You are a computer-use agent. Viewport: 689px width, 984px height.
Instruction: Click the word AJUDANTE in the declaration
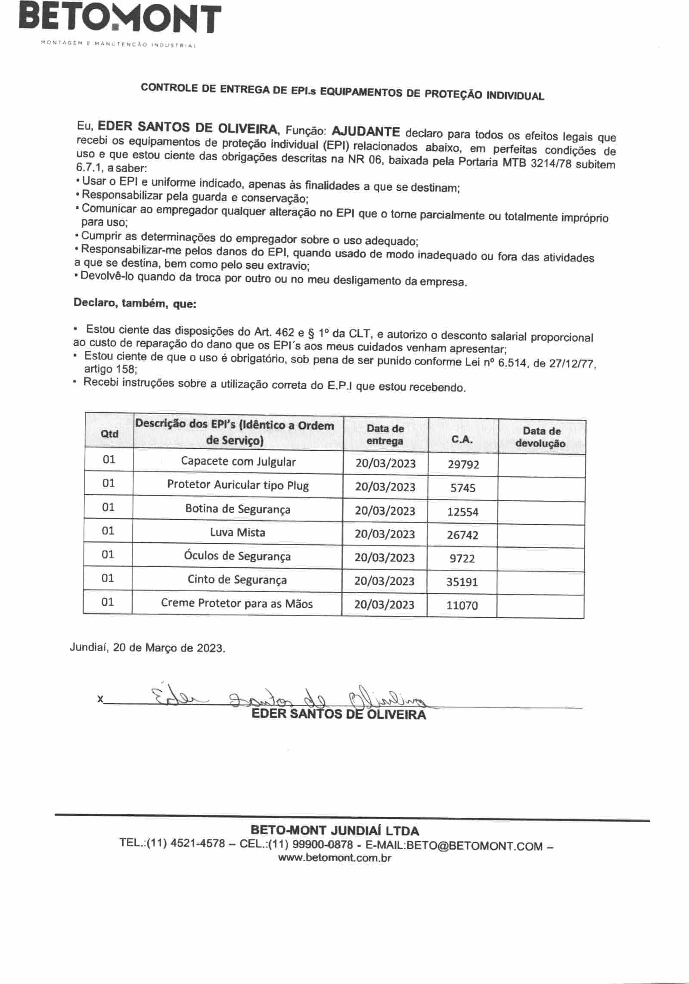366,131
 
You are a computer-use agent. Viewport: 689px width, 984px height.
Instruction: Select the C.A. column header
462,439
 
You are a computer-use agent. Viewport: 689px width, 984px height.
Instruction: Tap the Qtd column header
109,434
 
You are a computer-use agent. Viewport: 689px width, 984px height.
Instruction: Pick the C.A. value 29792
463,464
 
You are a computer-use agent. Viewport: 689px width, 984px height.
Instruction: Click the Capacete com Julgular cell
238,462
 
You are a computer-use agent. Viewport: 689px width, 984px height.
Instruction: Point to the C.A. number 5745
463,488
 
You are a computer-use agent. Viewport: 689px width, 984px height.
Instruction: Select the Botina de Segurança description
238,509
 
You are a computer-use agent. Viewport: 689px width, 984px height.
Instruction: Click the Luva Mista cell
238,533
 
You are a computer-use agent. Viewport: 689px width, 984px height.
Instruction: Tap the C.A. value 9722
462,559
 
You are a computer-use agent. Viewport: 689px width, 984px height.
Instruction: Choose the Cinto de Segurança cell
237,580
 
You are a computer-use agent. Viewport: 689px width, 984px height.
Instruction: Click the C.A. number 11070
462,605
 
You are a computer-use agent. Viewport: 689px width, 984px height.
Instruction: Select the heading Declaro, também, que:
135,303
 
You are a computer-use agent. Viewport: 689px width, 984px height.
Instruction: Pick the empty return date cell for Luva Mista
541,536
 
